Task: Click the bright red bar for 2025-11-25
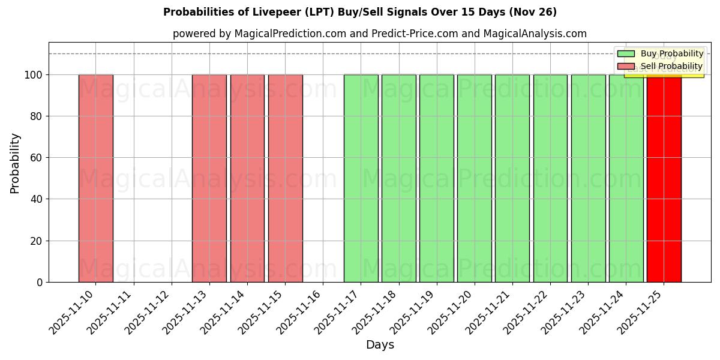[x=664, y=180]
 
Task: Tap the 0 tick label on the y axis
[x=39, y=282]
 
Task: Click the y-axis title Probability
[x=15, y=163]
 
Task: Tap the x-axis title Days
[x=380, y=345]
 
